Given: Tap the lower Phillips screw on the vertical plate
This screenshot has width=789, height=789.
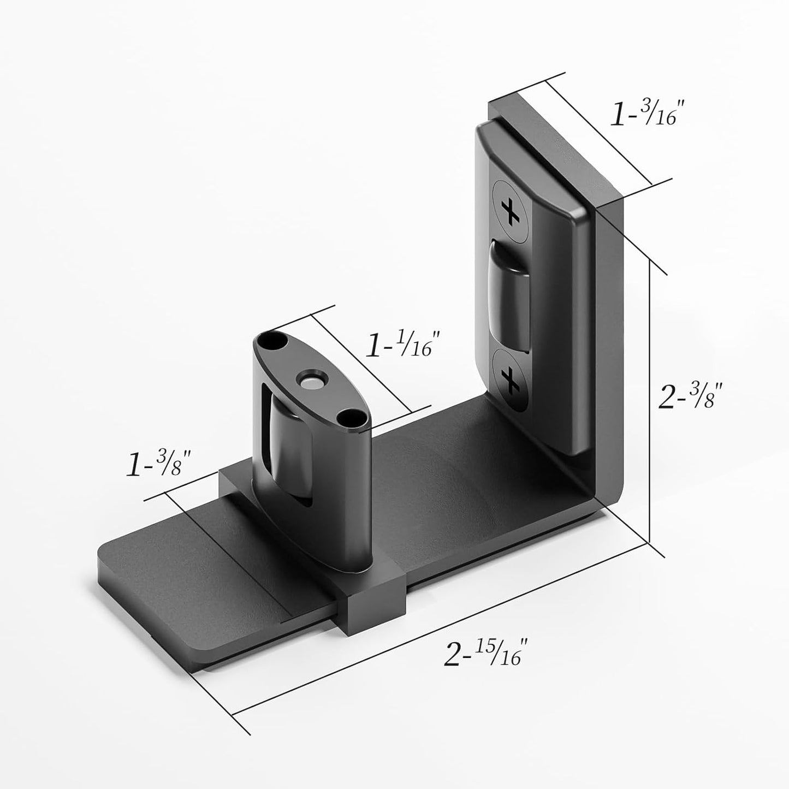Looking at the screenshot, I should coord(511,379).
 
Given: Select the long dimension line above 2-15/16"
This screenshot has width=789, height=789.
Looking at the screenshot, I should coord(437,628).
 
